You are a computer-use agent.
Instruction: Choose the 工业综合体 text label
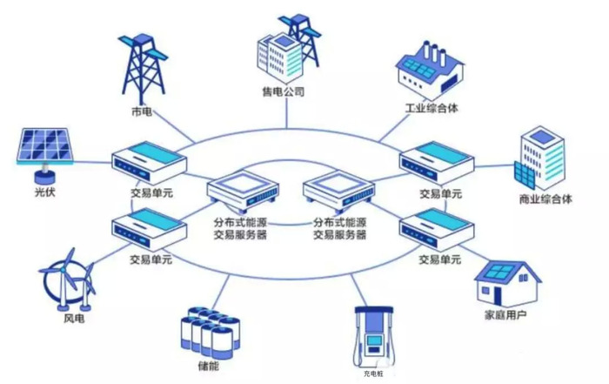pos(431,109)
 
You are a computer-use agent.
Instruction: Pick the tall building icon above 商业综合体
pos(542,159)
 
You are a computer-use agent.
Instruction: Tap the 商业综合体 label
pos(545,199)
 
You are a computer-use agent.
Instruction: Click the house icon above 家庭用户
pos(505,280)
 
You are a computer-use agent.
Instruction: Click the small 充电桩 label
pos(373,374)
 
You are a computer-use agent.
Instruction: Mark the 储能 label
pos(208,366)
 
